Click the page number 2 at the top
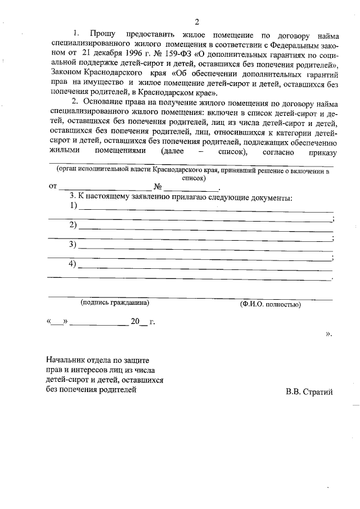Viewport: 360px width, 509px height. pyautogui.click(x=197, y=22)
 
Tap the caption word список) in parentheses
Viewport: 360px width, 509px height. pyautogui.click(x=193, y=178)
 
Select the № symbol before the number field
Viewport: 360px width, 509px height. pyautogui.click(x=158, y=187)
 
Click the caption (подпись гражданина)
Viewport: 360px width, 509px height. pyautogui.click(x=115, y=303)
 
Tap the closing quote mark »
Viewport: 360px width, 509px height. pyautogui.click(x=328, y=335)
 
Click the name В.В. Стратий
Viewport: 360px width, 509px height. pyautogui.click(x=309, y=391)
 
